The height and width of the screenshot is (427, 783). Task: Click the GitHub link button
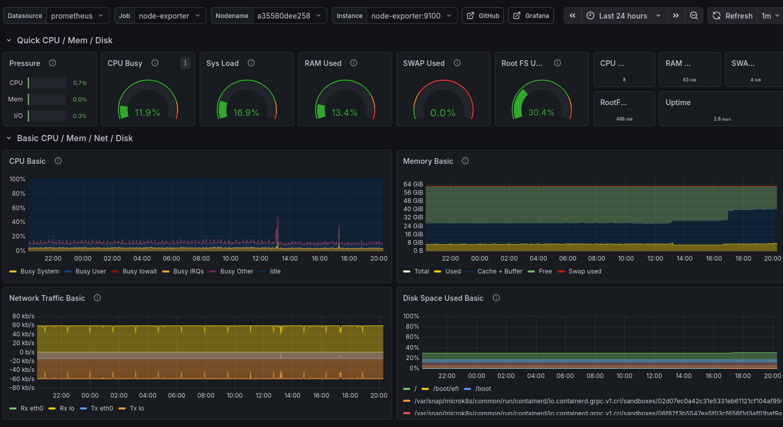[x=482, y=15]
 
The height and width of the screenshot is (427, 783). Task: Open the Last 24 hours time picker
[x=623, y=15]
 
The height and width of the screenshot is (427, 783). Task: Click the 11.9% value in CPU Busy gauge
[x=147, y=112]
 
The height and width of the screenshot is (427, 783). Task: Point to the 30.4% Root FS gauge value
[x=541, y=112]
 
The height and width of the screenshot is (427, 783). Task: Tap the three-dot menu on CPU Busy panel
[x=185, y=63]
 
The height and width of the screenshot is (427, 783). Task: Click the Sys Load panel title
[x=222, y=63]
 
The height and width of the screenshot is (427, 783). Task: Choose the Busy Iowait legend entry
[x=140, y=271]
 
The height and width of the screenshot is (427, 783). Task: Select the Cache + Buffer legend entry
[x=499, y=271]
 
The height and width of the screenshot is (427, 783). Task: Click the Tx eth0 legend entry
[x=102, y=408]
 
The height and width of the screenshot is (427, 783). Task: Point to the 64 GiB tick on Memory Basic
[x=413, y=184]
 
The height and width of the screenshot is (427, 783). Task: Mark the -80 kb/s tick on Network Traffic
[x=23, y=388]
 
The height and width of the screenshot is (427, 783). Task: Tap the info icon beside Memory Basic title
[x=465, y=161]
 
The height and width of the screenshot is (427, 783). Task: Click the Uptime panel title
[x=678, y=103]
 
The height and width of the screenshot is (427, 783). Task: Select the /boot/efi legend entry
[x=445, y=389]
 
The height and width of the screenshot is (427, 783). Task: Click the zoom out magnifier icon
[x=694, y=15]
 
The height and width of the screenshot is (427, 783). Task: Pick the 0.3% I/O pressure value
[x=80, y=116]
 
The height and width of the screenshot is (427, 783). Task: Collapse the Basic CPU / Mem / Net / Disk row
[x=9, y=138]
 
